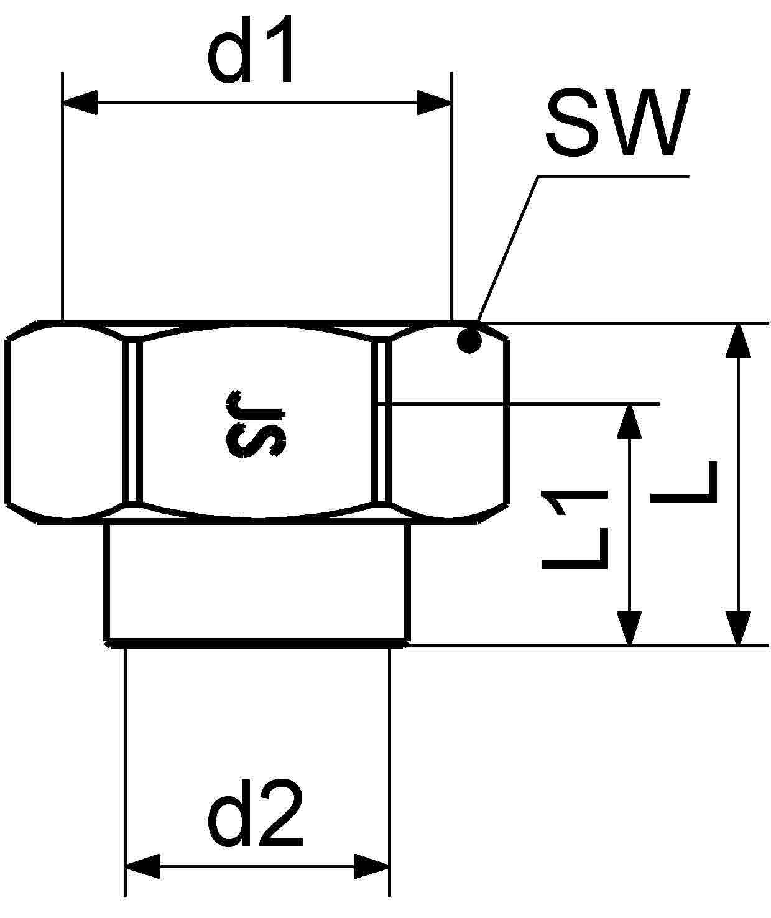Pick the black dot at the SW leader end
point(469,340)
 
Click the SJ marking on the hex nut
point(256,424)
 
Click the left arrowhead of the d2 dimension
point(143,866)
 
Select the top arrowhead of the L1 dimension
point(630,422)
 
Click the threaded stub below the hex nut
point(257,582)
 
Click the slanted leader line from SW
point(507,249)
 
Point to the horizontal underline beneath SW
point(612,177)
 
